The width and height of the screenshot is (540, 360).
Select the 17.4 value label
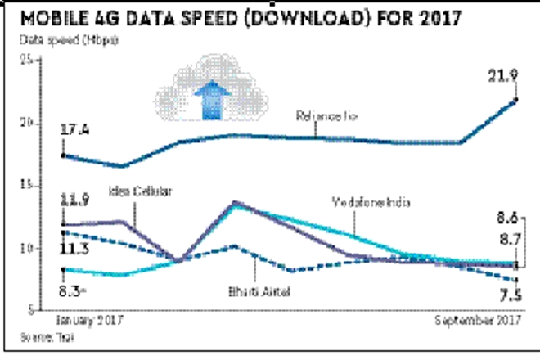[x=75, y=131]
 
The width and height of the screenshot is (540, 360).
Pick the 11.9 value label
[x=75, y=199]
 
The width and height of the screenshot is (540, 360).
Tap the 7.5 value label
[x=510, y=295]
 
